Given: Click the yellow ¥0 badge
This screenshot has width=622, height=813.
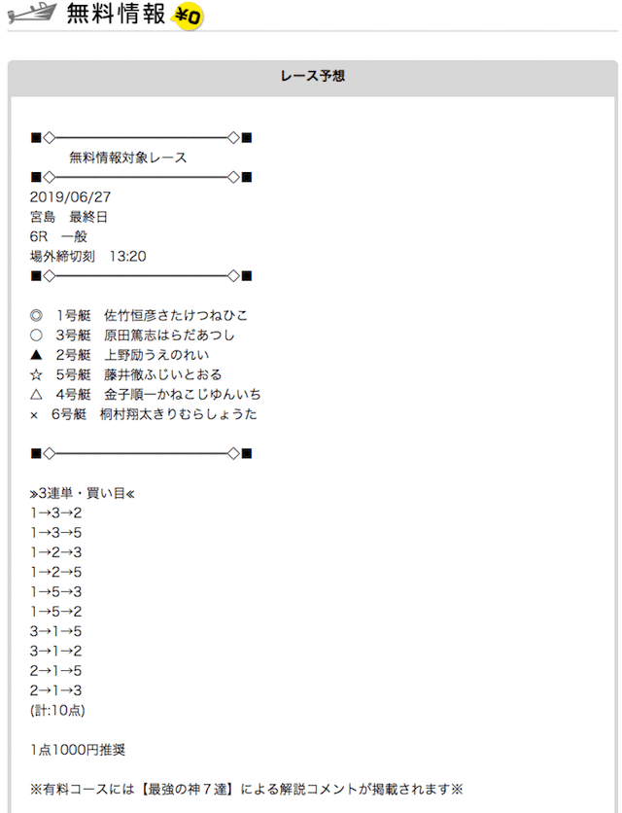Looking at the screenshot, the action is click(188, 16).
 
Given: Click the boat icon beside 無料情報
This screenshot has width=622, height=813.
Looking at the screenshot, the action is click(32, 14).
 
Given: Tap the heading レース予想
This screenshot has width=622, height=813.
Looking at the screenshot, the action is click(313, 76).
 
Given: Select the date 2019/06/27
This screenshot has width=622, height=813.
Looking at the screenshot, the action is click(71, 197).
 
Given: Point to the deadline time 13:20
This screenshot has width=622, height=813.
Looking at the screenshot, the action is click(127, 256).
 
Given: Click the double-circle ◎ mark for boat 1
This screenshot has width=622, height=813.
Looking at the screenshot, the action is click(36, 315).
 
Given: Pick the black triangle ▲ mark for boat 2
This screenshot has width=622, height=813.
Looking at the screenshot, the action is click(36, 355).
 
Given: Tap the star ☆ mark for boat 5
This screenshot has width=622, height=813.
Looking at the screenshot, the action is click(36, 374).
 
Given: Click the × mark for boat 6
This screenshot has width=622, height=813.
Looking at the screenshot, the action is click(34, 415).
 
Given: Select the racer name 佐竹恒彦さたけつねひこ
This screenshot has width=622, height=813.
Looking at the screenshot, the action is click(176, 315).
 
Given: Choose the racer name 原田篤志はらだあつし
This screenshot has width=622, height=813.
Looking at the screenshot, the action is click(169, 335).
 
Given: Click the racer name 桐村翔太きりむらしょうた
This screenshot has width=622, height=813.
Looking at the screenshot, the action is click(178, 413).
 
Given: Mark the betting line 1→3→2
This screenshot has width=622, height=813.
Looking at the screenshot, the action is click(56, 513).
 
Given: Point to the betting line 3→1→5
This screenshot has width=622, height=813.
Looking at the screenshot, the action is click(56, 631).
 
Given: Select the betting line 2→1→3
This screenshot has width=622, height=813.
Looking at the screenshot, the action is click(56, 690).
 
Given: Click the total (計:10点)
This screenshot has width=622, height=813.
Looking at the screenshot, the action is click(57, 710).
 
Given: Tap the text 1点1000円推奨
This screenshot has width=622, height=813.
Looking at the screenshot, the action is click(78, 750).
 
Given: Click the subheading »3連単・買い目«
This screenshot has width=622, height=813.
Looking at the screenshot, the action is click(83, 493).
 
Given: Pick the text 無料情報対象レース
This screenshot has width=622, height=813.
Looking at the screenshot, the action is click(128, 158).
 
